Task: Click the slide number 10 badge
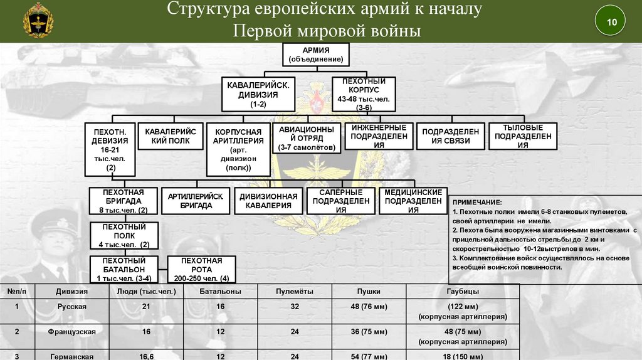(x=611, y=23)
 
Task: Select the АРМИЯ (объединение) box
(x=316, y=55)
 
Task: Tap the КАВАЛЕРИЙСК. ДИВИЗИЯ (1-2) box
(x=258, y=94)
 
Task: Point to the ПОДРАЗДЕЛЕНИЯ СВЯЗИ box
(x=450, y=137)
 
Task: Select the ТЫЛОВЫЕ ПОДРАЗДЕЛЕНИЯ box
(x=523, y=137)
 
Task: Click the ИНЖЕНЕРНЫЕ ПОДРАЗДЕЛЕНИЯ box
(x=378, y=137)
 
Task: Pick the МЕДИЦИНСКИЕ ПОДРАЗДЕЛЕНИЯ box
(x=413, y=201)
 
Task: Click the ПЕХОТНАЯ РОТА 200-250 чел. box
(x=201, y=269)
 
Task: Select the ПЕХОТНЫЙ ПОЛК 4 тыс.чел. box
(x=124, y=235)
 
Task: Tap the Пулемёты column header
(x=295, y=292)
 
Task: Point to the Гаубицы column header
(x=463, y=292)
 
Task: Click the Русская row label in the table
(x=71, y=306)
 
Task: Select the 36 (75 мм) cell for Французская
(x=369, y=331)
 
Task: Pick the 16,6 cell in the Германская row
(x=146, y=356)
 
